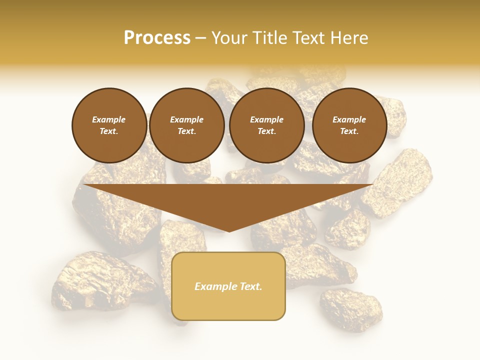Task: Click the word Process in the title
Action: coord(157,37)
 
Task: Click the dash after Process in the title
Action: coord(200,38)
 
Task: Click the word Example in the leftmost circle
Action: coord(109,119)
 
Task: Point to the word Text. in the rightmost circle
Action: coord(349,131)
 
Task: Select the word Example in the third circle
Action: coord(266,119)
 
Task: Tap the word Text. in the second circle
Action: coord(186,131)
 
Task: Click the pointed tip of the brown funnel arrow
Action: coord(228,230)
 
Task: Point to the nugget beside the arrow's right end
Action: coord(397,182)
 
